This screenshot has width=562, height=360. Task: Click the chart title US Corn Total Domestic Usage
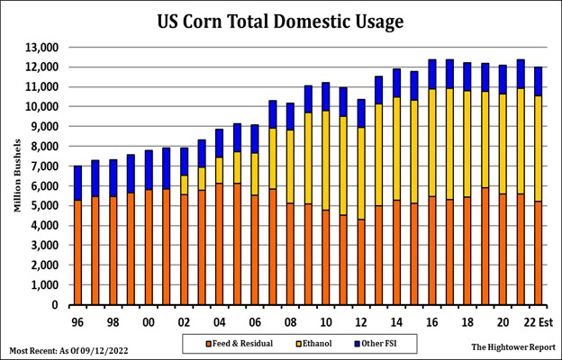pos(281,20)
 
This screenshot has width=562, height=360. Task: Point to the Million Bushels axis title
pos(17,176)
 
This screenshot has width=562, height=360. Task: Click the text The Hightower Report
pos(510,346)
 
